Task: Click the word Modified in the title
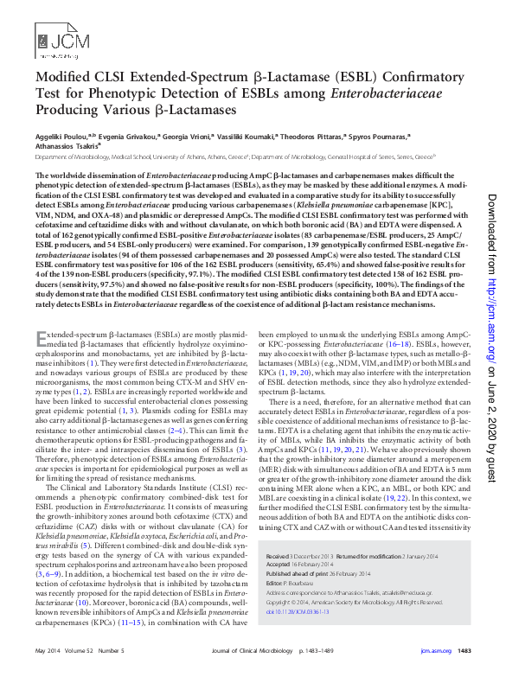tap(61, 78)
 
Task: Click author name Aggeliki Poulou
tap(59, 137)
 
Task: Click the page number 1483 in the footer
tap(463, 649)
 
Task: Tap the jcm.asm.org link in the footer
tap(434, 649)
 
